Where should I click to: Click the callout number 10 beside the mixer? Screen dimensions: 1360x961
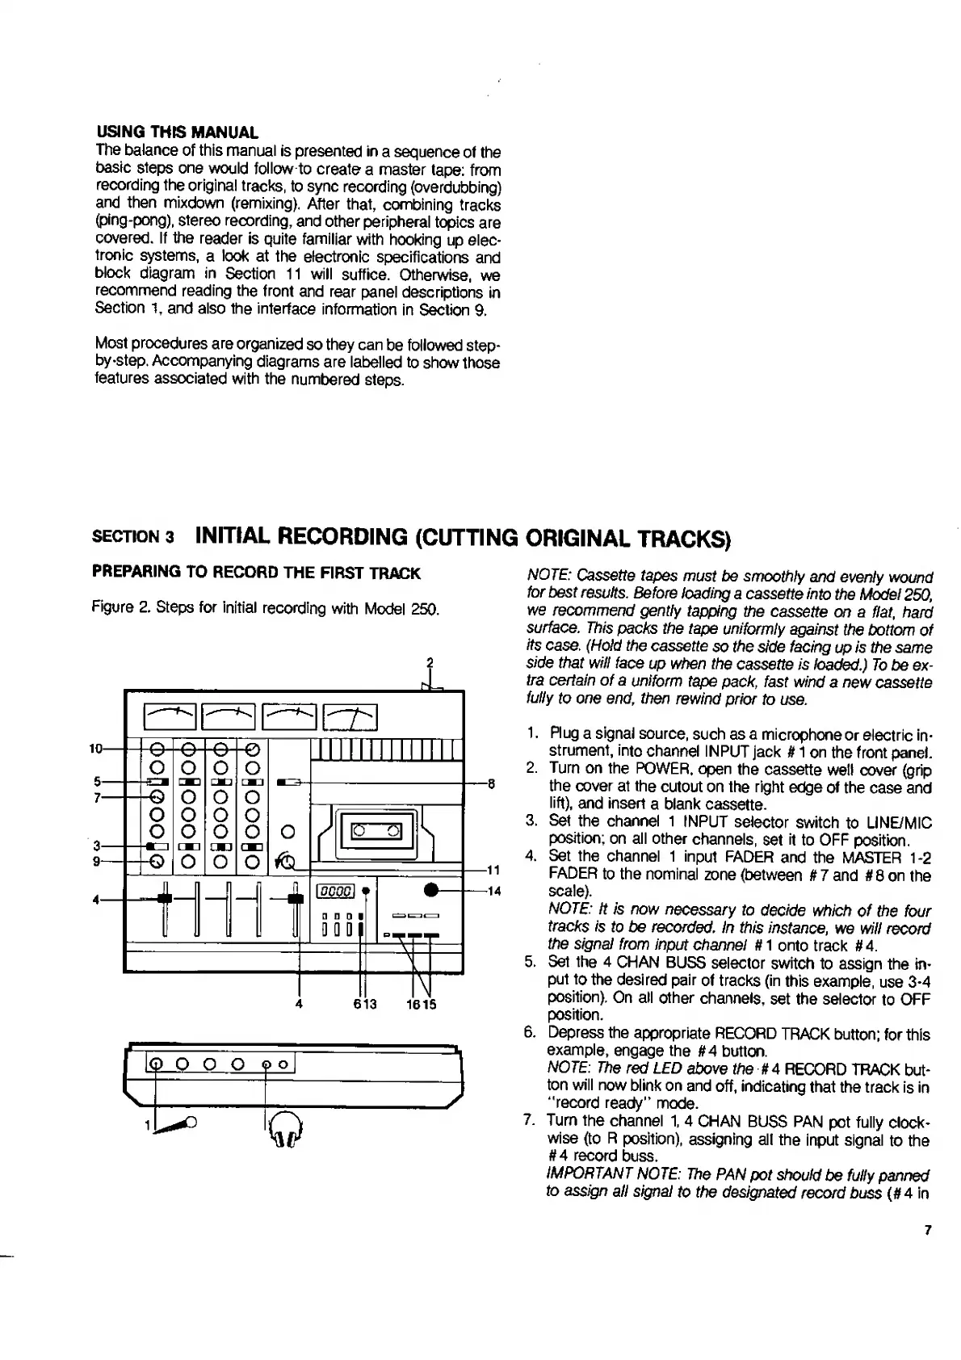point(96,748)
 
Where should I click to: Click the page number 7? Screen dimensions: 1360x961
point(928,1231)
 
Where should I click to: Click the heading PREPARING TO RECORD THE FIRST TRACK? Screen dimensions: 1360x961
point(257,573)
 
